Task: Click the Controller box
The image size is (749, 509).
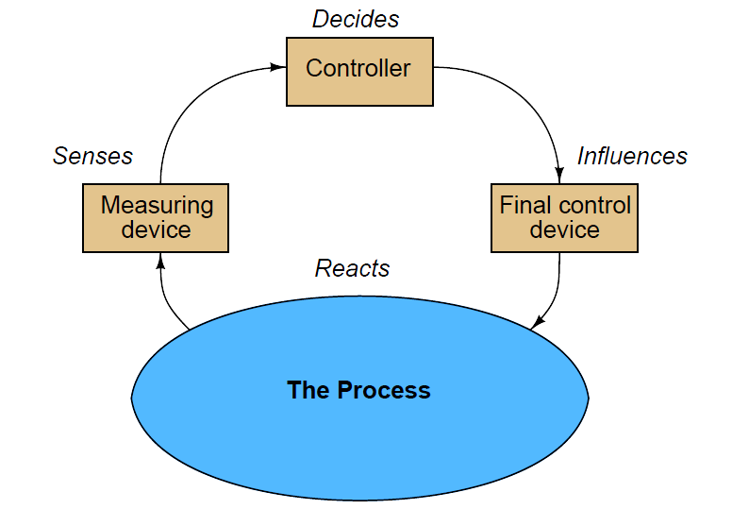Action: pos(359,72)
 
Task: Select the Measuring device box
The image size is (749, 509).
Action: pos(156,218)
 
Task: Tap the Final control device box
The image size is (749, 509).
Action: pos(565,218)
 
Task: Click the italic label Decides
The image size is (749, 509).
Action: pos(356,19)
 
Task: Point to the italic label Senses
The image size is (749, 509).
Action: pos(92,156)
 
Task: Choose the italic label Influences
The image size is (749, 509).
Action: pos(632,156)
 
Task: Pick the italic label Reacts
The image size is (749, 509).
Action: pos(353,268)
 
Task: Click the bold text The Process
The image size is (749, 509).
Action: pos(358,390)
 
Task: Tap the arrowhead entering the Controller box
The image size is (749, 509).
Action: pos(278,67)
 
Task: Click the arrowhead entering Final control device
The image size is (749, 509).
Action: pos(559,175)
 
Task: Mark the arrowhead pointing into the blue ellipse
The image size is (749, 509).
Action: pos(538,322)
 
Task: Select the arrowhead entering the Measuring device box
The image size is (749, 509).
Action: pos(161,262)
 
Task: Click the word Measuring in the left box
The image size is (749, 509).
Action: pos(158,206)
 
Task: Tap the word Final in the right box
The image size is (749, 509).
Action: pos(518,205)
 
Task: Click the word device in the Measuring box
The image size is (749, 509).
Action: pos(157,229)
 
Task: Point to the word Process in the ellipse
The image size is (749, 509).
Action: pos(384,390)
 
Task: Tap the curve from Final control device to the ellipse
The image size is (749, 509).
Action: pos(555,293)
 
